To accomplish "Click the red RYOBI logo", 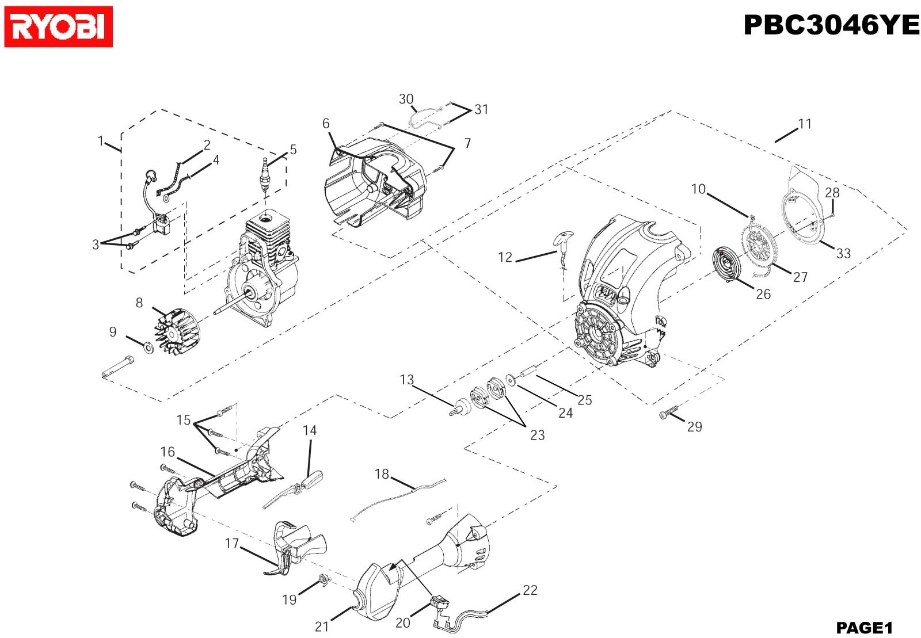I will (58, 26).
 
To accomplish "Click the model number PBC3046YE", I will (831, 25).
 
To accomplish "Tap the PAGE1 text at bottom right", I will (864, 627).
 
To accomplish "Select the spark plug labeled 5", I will (266, 175).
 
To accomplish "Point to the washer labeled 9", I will (147, 347).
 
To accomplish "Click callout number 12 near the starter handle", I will (505, 258).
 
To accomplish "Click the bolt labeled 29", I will (668, 412).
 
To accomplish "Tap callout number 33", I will (843, 254).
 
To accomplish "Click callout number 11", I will (805, 124).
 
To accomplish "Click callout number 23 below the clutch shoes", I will (537, 435).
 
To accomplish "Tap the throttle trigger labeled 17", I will (294, 547).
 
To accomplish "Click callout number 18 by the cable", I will (382, 474).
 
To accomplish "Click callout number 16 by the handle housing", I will (168, 452).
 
